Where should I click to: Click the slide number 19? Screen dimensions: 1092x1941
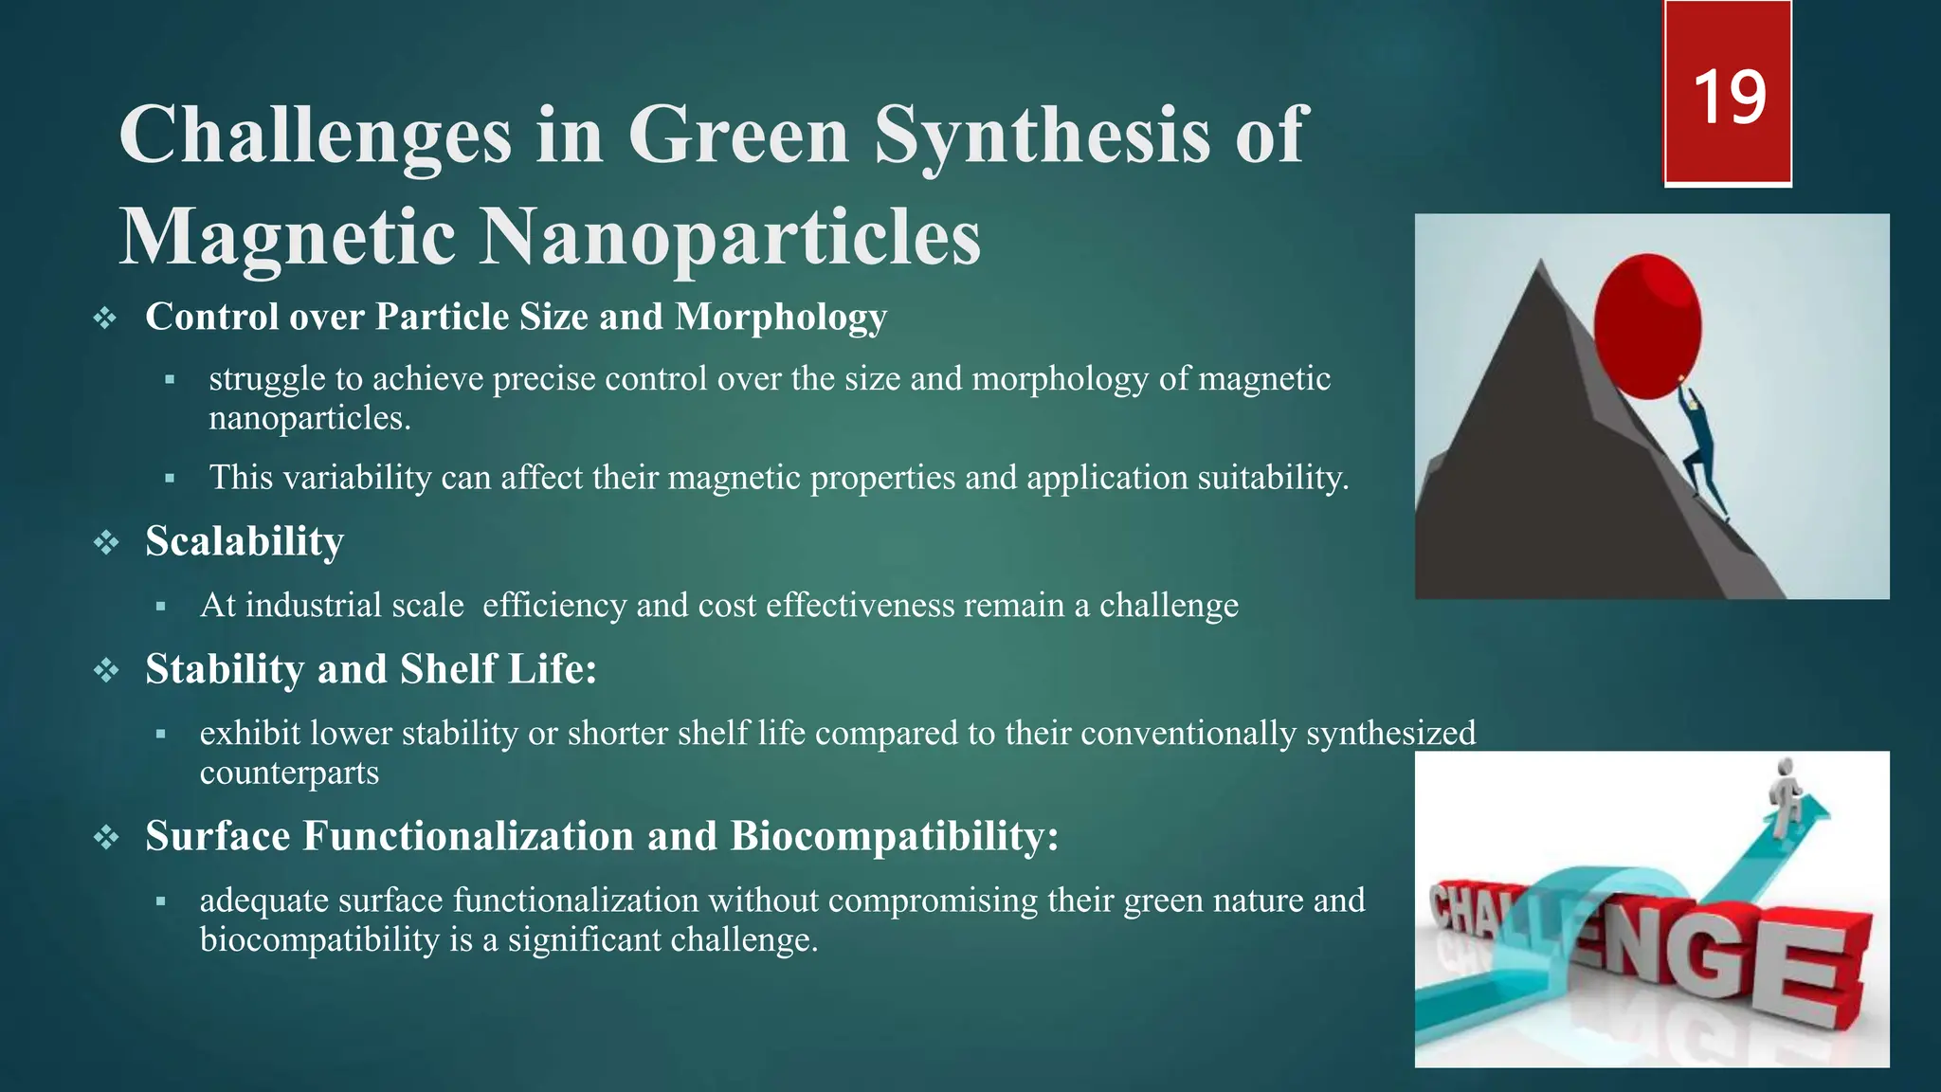(x=1729, y=98)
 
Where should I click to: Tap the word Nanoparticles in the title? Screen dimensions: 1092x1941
(x=730, y=237)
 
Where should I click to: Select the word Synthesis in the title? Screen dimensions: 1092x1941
(x=1042, y=136)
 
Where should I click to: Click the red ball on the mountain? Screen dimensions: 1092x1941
(x=1647, y=325)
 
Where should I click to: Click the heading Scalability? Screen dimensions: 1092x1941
(x=245, y=541)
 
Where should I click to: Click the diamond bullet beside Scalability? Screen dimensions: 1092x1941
(x=106, y=543)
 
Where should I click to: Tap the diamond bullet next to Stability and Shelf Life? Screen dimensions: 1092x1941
(x=106, y=671)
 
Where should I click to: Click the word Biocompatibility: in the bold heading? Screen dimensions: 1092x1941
(x=894, y=836)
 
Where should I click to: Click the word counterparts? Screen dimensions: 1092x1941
(x=289, y=773)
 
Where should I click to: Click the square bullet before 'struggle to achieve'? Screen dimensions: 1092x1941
(x=170, y=379)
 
